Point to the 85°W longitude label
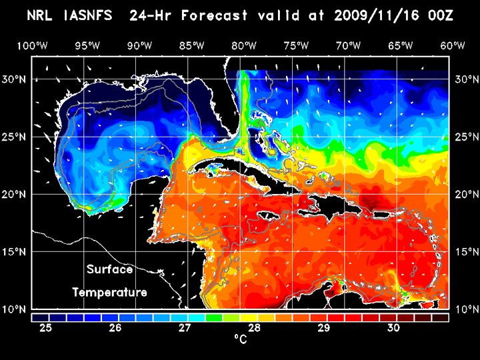point(191,45)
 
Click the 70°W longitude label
point(349,45)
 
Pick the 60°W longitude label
point(453,45)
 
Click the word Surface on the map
point(110,270)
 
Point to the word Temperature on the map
point(109,292)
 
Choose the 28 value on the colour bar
point(255,328)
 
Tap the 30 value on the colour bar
point(393,328)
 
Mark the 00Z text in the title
point(440,15)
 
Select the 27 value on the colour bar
point(185,328)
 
